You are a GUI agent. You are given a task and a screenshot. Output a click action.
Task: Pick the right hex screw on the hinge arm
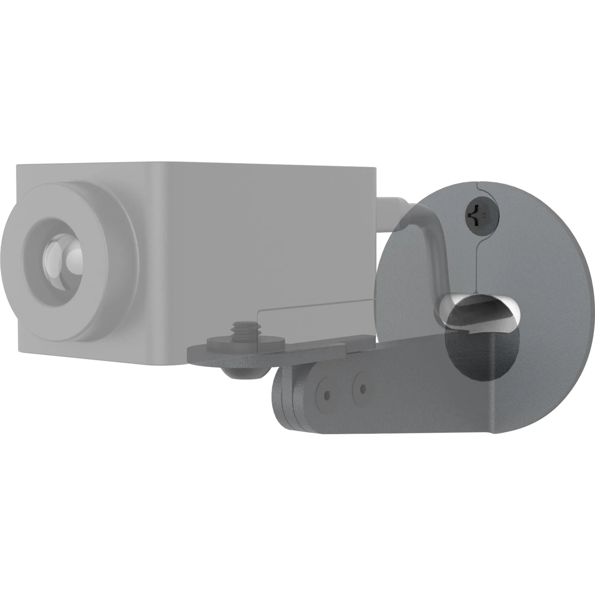tap(363, 388)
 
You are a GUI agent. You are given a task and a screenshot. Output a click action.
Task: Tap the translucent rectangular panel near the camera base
tap(314, 320)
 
